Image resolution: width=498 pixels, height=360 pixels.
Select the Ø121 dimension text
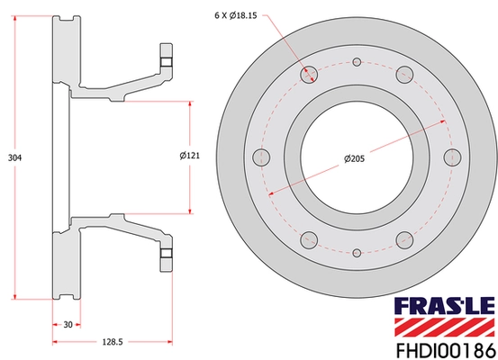click(189, 156)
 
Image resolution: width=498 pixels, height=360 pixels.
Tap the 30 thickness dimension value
click(68, 326)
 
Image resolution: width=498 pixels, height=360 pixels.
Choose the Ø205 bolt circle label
click(354, 159)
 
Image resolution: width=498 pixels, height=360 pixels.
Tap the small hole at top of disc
click(357, 62)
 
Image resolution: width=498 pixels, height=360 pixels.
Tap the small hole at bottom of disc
click(357, 254)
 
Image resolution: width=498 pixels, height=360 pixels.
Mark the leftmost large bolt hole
click(262, 157)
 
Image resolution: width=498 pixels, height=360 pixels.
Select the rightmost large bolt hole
click(452, 157)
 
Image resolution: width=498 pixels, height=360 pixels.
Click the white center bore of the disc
click(357, 157)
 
